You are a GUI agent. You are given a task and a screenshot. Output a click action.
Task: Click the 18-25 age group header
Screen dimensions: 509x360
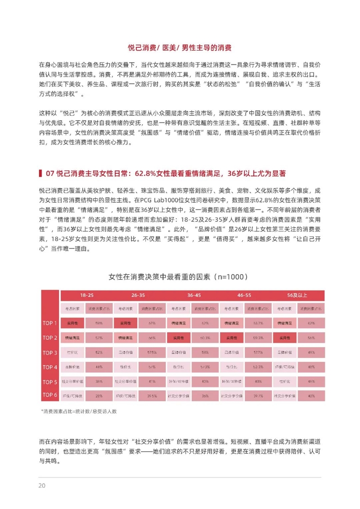pyautogui.click(x=87, y=295)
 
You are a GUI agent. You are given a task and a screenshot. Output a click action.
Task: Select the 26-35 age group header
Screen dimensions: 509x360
pyautogui.click(x=138, y=295)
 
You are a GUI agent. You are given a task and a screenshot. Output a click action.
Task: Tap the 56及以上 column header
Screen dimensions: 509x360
pyautogui.click(x=297, y=295)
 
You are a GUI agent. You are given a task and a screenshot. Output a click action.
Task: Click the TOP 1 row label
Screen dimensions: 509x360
pyautogui.click(x=49, y=323)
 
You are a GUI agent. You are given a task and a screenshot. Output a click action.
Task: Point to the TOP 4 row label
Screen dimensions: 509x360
pyautogui.click(x=49, y=367)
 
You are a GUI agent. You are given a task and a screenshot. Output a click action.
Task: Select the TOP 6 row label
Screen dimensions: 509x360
pyautogui.click(x=49, y=395)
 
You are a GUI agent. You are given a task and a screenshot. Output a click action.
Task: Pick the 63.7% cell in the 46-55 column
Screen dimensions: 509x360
pyautogui.click(x=258, y=323)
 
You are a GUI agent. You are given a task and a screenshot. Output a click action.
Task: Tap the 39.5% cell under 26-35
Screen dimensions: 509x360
pyautogui.click(x=152, y=396)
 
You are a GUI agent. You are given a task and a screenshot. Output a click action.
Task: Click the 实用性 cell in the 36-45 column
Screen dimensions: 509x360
pyautogui.click(x=178, y=337)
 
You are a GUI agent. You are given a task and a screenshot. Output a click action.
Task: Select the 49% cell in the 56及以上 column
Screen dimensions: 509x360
pyautogui.click(x=311, y=352)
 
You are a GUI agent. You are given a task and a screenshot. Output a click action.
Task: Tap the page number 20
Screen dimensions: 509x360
pyautogui.click(x=41, y=485)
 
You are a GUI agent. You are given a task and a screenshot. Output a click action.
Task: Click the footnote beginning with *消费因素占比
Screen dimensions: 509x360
pyautogui.click(x=79, y=411)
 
